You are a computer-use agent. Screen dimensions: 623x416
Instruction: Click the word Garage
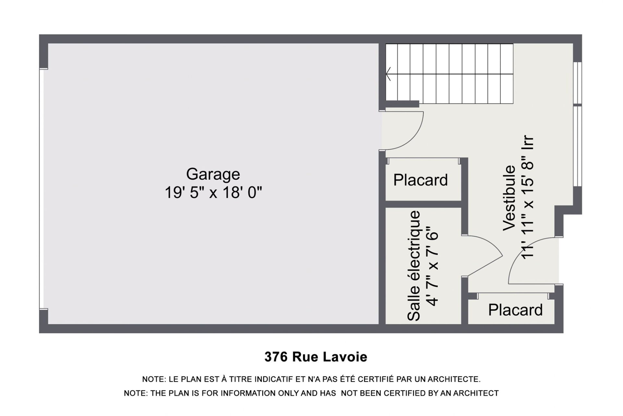pyautogui.click(x=213, y=175)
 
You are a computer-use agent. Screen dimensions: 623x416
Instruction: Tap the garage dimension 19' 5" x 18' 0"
pyautogui.click(x=213, y=192)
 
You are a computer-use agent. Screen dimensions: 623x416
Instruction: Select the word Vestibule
pyautogui.click(x=509, y=198)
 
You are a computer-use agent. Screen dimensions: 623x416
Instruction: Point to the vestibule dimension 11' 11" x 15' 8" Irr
pyautogui.click(x=528, y=197)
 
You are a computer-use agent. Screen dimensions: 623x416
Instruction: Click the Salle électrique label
pyautogui.click(x=414, y=266)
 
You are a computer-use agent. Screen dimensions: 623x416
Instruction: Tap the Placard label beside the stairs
pyautogui.click(x=421, y=180)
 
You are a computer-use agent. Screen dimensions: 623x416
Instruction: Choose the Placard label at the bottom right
pyautogui.click(x=515, y=310)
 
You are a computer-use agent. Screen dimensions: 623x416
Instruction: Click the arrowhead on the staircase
pyautogui.click(x=388, y=74)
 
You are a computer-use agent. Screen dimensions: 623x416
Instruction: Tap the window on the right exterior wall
pyautogui.click(x=578, y=124)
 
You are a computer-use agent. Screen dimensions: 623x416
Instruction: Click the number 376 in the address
pyautogui.click(x=276, y=357)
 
